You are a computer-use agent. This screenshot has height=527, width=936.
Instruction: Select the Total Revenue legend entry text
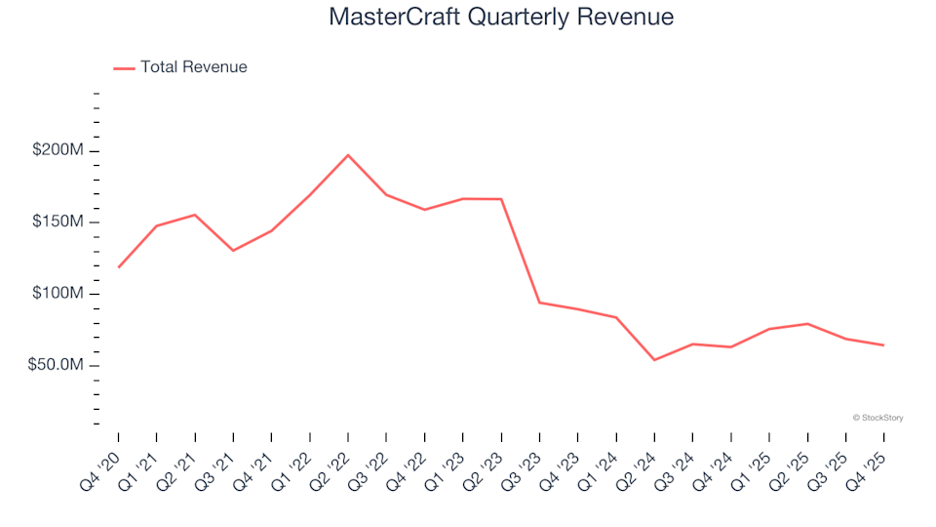point(193,67)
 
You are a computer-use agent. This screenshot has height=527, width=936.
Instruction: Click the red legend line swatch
point(124,68)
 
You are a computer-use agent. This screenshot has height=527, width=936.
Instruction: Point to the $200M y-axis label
point(58,150)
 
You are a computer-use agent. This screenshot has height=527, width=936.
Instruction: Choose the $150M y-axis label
point(58,222)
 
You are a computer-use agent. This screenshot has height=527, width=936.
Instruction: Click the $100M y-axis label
point(58,294)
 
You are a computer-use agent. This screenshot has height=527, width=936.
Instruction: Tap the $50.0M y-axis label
point(55,365)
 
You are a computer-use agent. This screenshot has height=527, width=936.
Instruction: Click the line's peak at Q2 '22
point(348,155)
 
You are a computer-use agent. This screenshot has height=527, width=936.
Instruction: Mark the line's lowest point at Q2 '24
point(654,360)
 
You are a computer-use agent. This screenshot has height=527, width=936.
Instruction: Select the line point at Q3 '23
point(539,303)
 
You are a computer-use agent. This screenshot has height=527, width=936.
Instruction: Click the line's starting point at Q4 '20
point(119,266)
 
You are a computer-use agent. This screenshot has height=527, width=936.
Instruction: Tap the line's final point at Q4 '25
point(883,345)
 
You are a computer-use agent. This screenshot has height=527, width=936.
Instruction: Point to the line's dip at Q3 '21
point(233,251)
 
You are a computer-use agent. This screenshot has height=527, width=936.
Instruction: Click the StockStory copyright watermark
point(877,418)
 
